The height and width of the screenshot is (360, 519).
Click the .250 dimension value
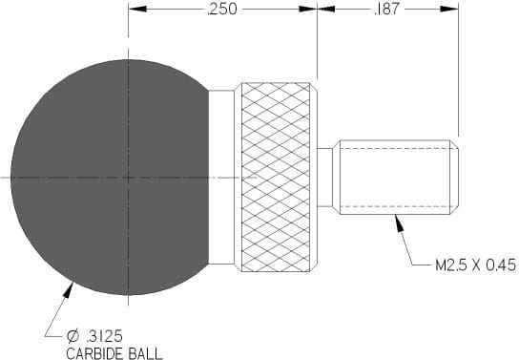point(221,10)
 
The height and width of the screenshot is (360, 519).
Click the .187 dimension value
point(386,10)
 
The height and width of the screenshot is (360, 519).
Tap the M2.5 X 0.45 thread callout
point(476,265)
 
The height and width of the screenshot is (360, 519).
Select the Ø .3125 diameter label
point(94,337)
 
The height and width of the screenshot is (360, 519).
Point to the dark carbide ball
point(109,178)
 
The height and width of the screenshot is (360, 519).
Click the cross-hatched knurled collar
point(276,178)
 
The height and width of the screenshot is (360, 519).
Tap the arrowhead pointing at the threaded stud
point(399,222)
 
